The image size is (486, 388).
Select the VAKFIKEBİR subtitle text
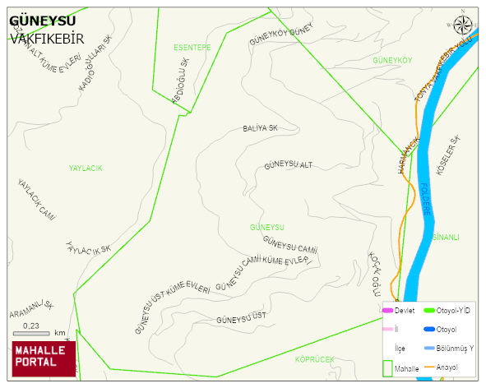[x=47, y=38]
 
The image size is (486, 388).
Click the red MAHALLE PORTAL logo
[x=44, y=358]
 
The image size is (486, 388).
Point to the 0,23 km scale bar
[x=34, y=332]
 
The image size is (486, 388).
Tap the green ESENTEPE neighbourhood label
[x=192, y=48]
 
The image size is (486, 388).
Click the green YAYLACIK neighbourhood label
[x=86, y=168]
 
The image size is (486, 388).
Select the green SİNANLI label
[x=445, y=237]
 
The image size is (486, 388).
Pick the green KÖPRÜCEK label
[x=315, y=359]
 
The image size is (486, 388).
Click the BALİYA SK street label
[x=260, y=129]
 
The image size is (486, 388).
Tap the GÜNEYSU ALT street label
[x=288, y=165]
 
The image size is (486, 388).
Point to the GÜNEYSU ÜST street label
[x=240, y=317]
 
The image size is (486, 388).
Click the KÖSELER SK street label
[x=452, y=156]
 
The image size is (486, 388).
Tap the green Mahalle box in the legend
[x=387, y=367]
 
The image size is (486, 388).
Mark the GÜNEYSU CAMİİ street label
[x=289, y=245]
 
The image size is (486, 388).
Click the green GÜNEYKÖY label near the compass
[x=391, y=61]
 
